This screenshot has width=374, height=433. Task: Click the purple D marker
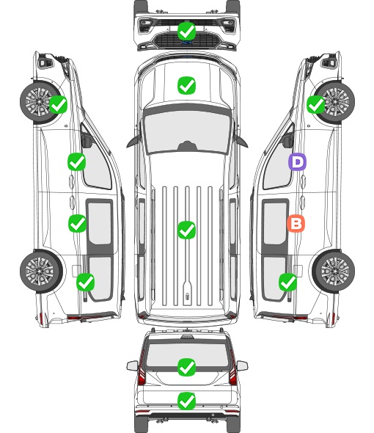click(297, 161)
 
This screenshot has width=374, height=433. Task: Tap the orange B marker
click(296, 223)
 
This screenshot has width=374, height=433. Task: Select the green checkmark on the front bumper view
click(187, 31)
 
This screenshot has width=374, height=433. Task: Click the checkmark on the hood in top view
click(187, 85)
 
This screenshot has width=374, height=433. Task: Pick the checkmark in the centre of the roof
click(187, 230)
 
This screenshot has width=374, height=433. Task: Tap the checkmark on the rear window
click(187, 367)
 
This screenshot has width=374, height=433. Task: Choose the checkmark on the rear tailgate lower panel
click(187, 401)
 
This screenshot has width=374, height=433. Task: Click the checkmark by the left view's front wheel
click(58, 104)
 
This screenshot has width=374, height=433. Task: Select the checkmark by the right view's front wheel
click(316, 104)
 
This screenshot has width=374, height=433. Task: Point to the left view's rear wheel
click(41, 271)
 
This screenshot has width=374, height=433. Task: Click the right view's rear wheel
click(334, 271)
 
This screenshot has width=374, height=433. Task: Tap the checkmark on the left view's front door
click(77, 161)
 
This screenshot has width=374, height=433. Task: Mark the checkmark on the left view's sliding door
click(77, 223)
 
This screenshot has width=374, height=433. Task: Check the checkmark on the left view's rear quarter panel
click(86, 282)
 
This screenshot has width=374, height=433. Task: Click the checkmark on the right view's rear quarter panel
click(288, 282)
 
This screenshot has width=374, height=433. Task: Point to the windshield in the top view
click(187, 130)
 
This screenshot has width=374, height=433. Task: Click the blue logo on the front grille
click(187, 43)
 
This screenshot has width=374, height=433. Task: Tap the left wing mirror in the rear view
click(132, 365)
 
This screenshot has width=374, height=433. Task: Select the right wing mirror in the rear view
click(242, 365)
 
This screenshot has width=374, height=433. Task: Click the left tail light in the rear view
click(142, 368)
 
